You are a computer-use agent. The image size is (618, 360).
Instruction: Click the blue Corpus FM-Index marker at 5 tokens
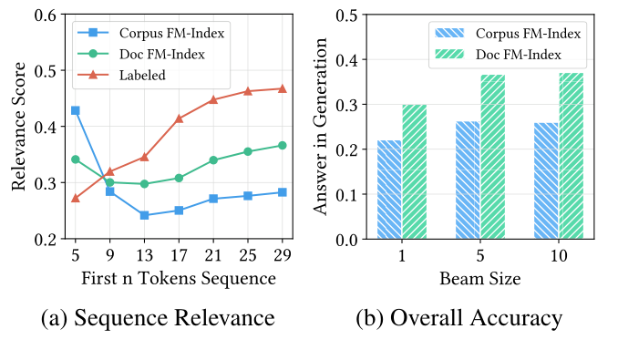(75, 110)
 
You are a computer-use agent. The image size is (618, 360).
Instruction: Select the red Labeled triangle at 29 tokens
(282, 88)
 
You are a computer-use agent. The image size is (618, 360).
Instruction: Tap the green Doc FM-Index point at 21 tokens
(212, 160)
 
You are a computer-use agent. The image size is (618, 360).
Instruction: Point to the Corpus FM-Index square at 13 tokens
(144, 215)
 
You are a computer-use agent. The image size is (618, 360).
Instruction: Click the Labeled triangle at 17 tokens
(179, 118)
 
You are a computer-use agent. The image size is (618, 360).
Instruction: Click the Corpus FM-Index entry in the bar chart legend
(529, 34)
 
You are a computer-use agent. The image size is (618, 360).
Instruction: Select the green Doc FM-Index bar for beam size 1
(415, 172)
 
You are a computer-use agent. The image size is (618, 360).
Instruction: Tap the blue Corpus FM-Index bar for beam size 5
(468, 180)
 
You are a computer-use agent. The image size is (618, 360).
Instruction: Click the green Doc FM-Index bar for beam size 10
(571, 157)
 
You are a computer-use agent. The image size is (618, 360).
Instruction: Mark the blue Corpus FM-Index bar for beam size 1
(389, 190)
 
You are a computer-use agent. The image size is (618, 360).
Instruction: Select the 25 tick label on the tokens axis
(247, 256)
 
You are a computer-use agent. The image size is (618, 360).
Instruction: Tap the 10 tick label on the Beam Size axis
(558, 256)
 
